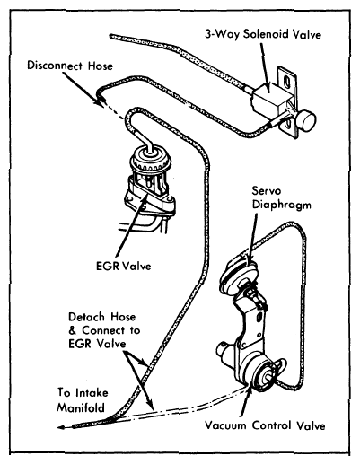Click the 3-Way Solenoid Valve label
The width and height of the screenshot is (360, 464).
pos(263,34)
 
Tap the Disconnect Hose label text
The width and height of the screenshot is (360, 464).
pos(70,66)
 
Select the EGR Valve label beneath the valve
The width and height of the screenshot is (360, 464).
pos(124,266)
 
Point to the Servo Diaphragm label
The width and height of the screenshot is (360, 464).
pos(281,197)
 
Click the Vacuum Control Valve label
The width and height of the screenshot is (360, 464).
pos(265,425)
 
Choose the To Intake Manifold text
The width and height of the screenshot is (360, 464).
pos(83,400)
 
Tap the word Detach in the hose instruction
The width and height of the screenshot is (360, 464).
pos(87,317)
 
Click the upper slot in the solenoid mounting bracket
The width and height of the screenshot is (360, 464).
pos(287,82)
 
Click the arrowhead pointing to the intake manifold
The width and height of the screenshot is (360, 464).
pos(61,427)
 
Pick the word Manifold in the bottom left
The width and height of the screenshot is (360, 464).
pos(81,407)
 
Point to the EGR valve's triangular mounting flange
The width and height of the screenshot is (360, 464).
pos(150,199)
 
